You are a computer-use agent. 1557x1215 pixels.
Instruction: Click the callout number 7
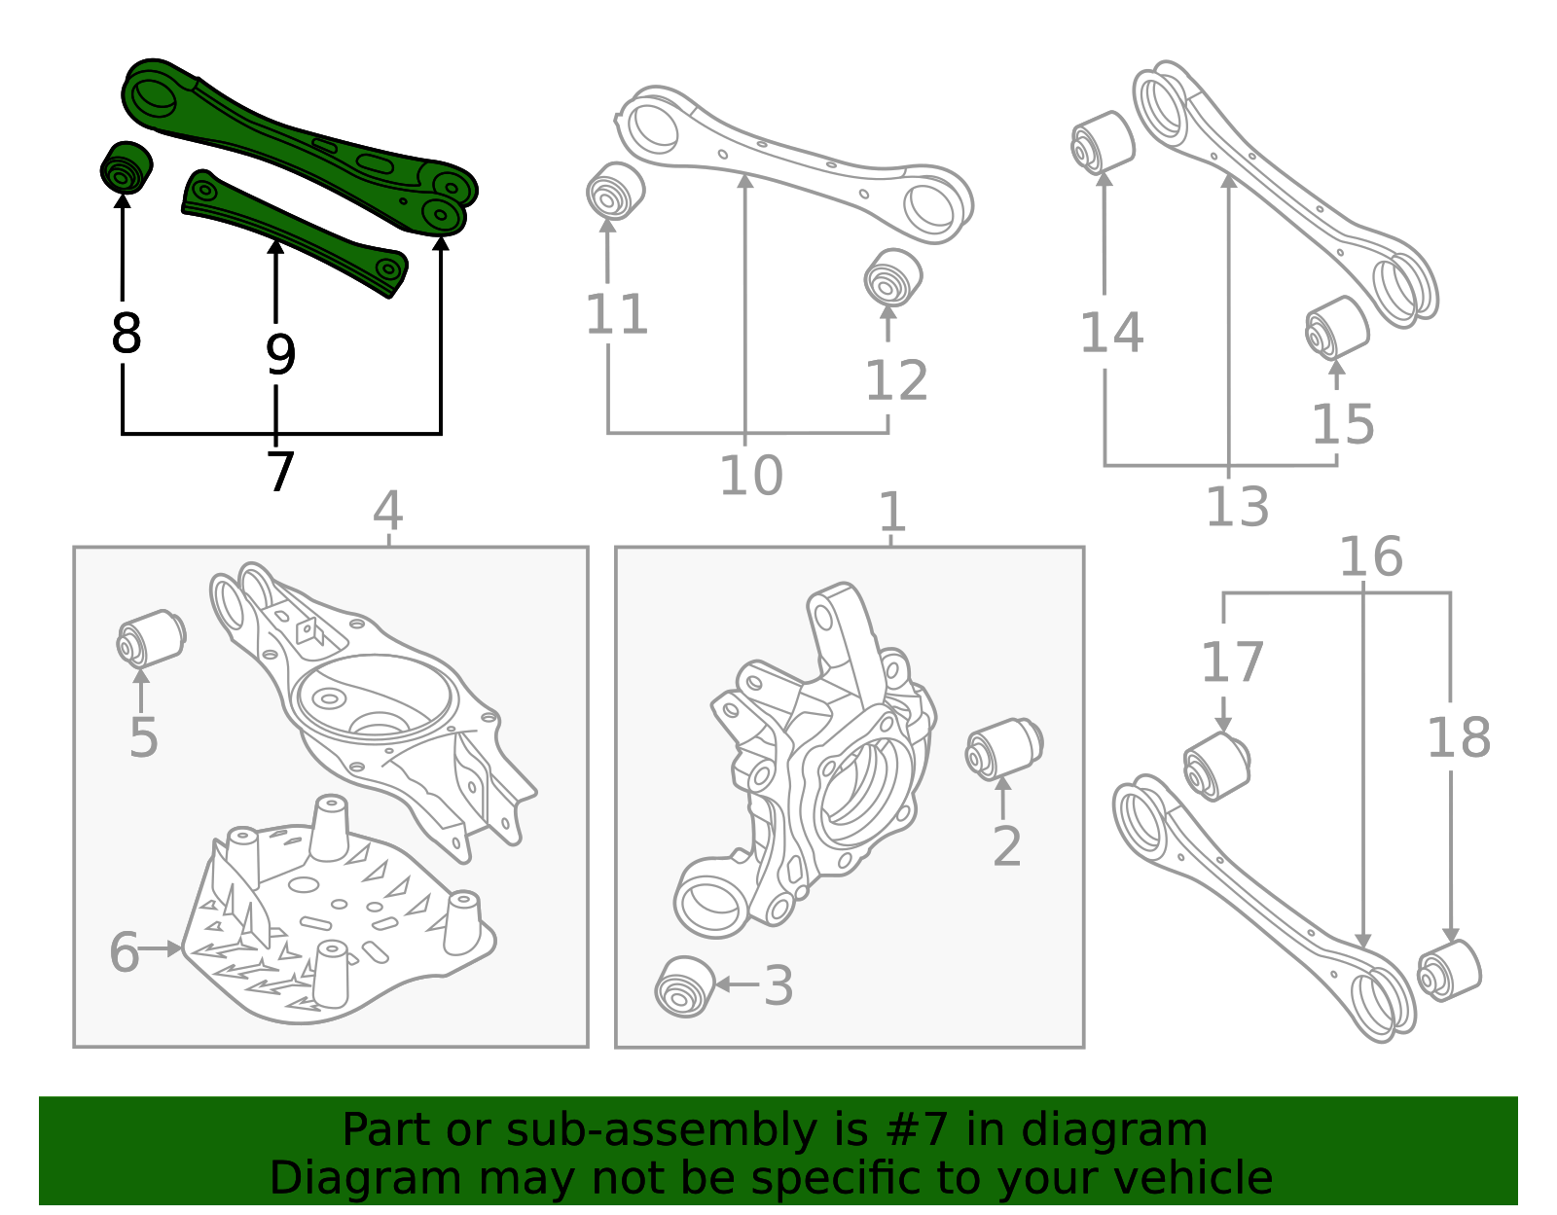click(x=280, y=472)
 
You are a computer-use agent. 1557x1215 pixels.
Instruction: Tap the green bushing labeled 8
click(x=126, y=169)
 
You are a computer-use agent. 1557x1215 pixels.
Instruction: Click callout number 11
click(x=616, y=315)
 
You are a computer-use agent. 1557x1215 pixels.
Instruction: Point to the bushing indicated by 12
click(x=891, y=278)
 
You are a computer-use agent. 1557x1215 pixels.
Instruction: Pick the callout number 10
click(x=750, y=476)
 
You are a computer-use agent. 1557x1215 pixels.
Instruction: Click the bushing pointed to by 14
click(x=1103, y=142)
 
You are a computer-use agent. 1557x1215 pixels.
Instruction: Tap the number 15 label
click(x=1343, y=424)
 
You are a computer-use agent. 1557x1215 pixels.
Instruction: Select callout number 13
click(x=1237, y=507)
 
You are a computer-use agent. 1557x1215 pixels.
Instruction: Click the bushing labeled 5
click(x=151, y=638)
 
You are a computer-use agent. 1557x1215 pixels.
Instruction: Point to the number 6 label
click(x=124, y=951)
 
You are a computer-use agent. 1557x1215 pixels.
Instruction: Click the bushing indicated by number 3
click(x=684, y=987)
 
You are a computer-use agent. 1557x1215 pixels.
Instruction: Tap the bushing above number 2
click(x=1003, y=749)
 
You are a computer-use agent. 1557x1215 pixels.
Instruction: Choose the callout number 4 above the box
click(x=387, y=511)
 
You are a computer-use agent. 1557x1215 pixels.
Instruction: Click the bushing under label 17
click(x=1215, y=766)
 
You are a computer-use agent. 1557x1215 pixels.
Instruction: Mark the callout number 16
click(x=1370, y=557)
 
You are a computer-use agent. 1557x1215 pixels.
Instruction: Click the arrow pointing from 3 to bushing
click(x=737, y=985)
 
